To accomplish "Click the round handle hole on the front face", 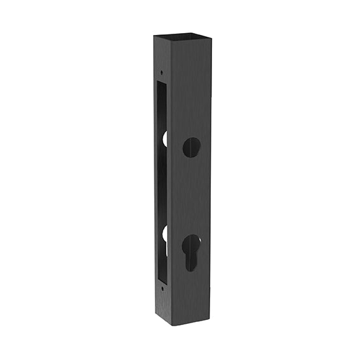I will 191,147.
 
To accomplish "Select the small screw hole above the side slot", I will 161,72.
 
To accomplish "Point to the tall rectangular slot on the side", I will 163,184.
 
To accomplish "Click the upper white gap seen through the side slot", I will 165,138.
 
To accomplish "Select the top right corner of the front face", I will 210,36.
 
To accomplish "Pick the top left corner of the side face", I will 153,36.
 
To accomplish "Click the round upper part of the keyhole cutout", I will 191,243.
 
